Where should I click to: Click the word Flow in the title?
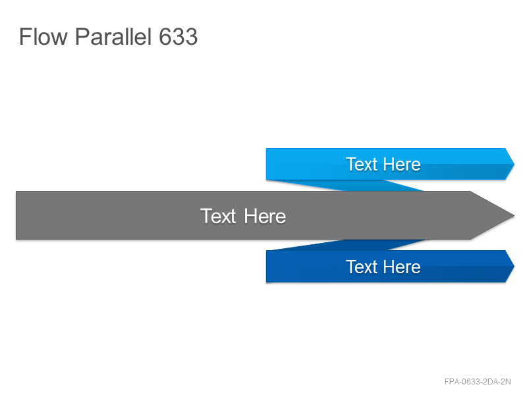(43, 36)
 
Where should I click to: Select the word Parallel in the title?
(113, 36)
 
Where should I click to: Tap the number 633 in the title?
(178, 36)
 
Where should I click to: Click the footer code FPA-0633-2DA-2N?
(478, 382)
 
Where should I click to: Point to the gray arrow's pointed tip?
(514, 215)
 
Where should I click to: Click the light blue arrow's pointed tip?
(514, 164)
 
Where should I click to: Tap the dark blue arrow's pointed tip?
(514, 266)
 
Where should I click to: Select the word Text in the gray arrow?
(218, 216)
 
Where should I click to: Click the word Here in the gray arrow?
(265, 216)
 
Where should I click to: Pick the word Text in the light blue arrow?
(362, 164)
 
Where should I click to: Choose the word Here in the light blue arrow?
(402, 164)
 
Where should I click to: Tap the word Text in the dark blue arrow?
(362, 267)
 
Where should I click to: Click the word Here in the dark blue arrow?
(402, 267)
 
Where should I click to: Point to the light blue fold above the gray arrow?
(350, 186)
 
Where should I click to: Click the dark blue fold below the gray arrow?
(350, 244)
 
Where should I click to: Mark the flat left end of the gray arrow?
(16, 215)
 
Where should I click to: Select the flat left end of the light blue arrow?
(266, 164)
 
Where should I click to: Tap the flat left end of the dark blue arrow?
(266, 267)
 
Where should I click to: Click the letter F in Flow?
(24, 36)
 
